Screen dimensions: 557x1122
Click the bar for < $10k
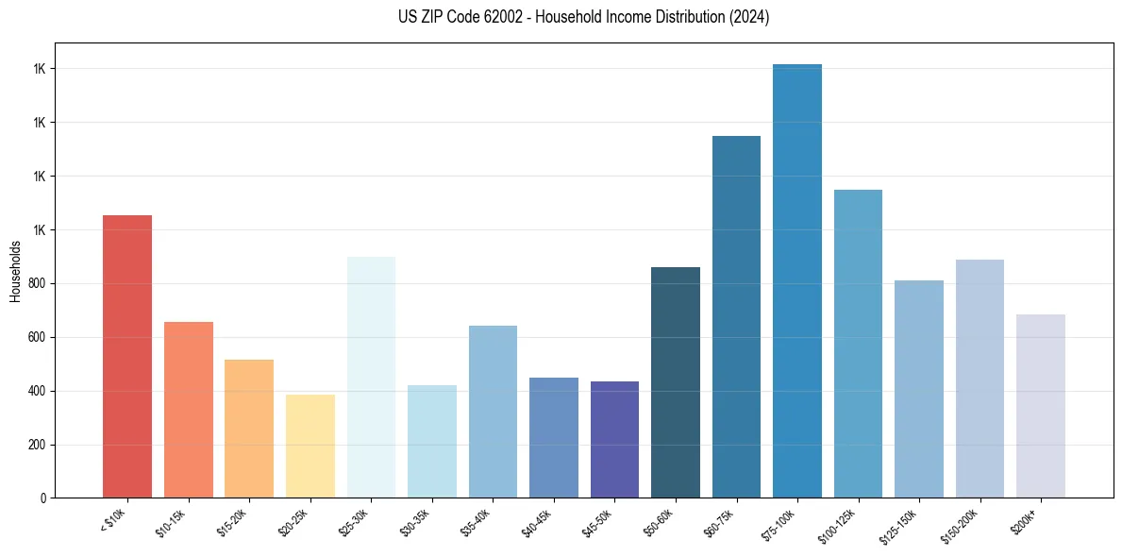[127, 357]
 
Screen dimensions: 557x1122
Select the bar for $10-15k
[189, 410]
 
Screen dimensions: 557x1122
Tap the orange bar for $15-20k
[249, 429]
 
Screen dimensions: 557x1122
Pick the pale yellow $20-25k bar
[310, 447]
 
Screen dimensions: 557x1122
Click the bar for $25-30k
[371, 378]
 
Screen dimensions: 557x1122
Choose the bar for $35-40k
[493, 412]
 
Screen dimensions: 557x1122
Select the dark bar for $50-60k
[676, 382]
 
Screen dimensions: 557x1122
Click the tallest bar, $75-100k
[797, 281]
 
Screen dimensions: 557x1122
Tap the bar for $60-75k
[736, 317]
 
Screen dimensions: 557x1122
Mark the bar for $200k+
[1041, 406]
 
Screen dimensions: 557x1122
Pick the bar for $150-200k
[980, 379]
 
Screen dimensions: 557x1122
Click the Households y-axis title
[16, 271]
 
